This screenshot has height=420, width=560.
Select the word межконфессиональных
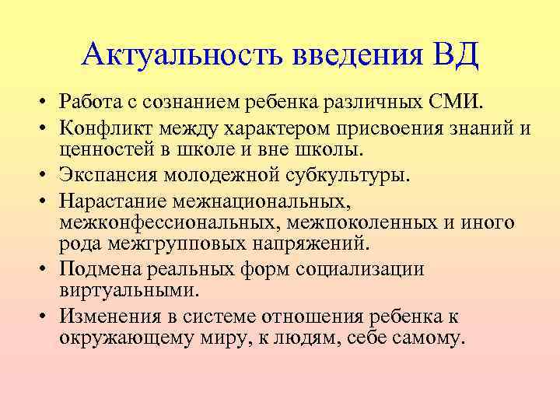point(166,224)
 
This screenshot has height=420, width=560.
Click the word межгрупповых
point(179,244)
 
